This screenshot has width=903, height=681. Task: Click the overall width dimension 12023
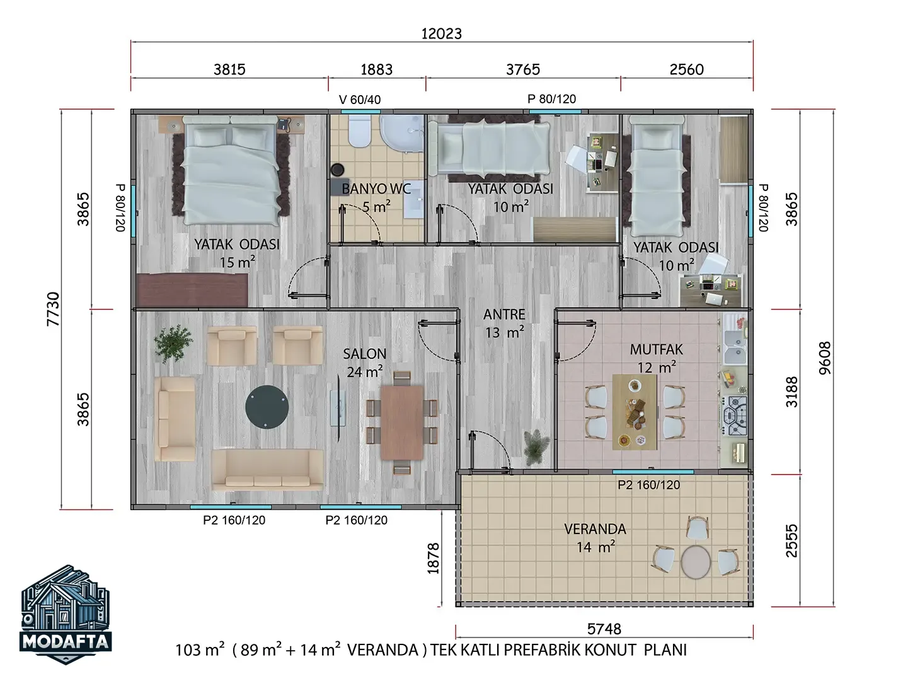(442, 33)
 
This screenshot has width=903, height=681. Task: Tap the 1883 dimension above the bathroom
(376, 69)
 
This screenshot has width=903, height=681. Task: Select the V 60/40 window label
(360, 100)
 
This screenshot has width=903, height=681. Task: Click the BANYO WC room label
(376, 189)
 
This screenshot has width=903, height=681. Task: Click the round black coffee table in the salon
(267, 407)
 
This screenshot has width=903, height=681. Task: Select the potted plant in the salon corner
(173, 344)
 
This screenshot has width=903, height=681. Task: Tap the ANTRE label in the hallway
(504, 315)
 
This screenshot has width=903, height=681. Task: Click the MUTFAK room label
(656, 349)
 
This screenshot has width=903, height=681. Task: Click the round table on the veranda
(696, 562)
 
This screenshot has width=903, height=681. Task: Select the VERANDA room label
(595, 529)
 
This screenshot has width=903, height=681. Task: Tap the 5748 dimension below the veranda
(604, 629)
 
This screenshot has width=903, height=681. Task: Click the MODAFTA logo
(66, 614)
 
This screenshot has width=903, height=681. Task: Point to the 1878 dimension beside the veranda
(433, 558)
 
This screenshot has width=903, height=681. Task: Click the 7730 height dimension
(53, 309)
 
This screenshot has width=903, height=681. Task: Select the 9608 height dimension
(825, 358)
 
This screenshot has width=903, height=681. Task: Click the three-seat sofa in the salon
(267, 470)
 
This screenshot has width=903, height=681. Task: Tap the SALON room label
(364, 354)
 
